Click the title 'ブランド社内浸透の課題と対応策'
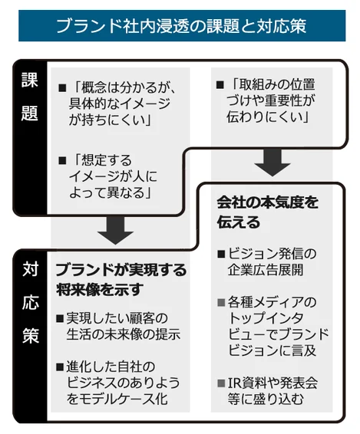[181, 26]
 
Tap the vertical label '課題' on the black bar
[30, 97]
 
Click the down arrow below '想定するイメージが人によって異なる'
[116, 230]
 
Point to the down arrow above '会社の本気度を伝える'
[272, 163]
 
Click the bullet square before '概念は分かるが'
[62, 88]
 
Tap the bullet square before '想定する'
[62, 160]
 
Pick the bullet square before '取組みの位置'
[220, 85]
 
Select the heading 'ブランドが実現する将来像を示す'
[121, 280]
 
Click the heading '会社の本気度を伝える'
[267, 212]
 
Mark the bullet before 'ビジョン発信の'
[221, 254]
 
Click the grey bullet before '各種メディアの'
[221, 302]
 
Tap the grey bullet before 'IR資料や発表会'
[221, 383]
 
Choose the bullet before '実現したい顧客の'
[60, 318]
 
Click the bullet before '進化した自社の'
[60, 367]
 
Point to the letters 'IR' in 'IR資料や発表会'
[234, 383]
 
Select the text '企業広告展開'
[266, 270]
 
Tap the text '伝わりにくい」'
[267, 117]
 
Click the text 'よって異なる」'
[110, 193]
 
